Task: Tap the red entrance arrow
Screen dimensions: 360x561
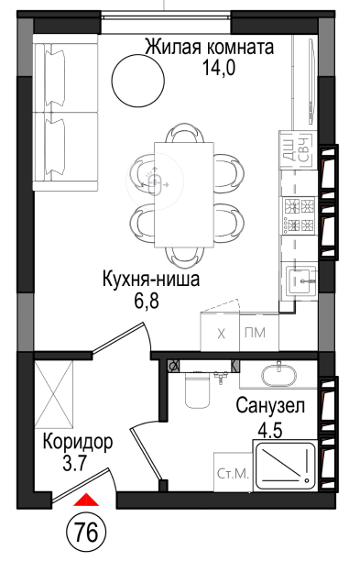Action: [x=86, y=500]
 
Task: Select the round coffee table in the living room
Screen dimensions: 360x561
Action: [x=138, y=79]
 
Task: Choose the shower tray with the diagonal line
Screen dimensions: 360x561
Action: [x=285, y=465]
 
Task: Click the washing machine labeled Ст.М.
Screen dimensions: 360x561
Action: [x=233, y=472]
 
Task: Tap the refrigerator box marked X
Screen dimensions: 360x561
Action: [x=220, y=333]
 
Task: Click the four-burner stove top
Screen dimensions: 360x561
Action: [x=299, y=215]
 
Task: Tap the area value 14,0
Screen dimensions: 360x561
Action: [x=219, y=67]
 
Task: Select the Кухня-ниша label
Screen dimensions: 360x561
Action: [x=151, y=280]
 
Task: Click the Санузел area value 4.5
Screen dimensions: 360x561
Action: [x=270, y=430]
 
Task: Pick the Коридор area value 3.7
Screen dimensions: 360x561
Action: [x=74, y=465]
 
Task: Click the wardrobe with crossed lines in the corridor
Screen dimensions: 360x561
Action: [x=54, y=393]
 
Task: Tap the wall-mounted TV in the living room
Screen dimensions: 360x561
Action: [x=311, y=81]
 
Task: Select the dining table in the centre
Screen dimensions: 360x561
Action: [x=184, y=194]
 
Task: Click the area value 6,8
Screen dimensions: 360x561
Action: [x=147, y=302]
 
